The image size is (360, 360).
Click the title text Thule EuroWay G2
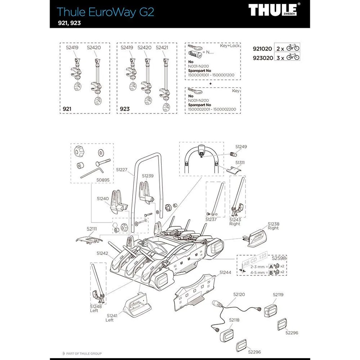(x=105, y=12)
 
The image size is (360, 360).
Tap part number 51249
(x=241, y=147)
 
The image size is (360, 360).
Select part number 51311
(x=240, y=163)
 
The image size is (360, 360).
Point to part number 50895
(x=103, y=180)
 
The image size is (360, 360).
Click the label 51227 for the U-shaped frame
(x=122, y=169)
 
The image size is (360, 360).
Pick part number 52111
(x=92, y=229)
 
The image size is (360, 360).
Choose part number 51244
(x=225, y=272)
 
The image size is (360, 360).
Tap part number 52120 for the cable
(x=239, y=295)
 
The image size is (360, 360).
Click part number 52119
(x=278, y=295)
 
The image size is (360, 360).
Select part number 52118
(x=234, y=320)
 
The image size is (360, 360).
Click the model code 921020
(x=262, y=49)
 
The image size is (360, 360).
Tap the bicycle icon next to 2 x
(x=293, y=48)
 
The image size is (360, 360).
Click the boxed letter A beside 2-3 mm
(x=271, y=266)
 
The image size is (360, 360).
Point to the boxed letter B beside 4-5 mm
(x=271, y=272)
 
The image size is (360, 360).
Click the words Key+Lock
(x=230, y=46)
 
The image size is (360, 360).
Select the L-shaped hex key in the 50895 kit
(x=91, y=173)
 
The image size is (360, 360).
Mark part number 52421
(x=162, y=47)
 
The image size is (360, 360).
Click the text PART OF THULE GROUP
(x=84, y=354)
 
